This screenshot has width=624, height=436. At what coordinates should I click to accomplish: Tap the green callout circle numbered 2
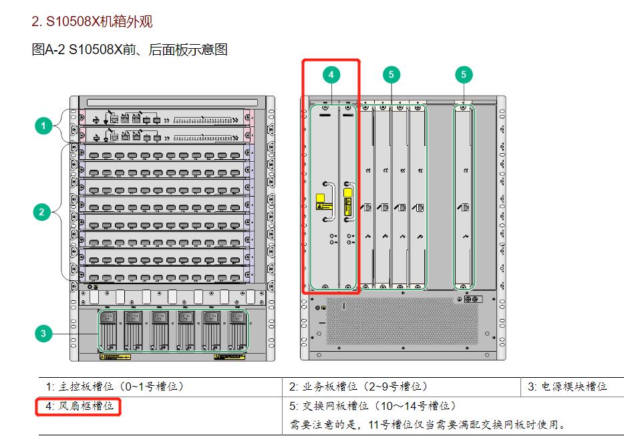(41, 213)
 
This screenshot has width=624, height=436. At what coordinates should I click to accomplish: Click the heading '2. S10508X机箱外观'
(92, 22)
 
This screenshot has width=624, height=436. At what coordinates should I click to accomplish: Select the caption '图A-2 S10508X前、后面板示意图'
(130, 49)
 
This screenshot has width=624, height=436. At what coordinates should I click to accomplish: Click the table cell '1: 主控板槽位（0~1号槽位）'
(115, 387)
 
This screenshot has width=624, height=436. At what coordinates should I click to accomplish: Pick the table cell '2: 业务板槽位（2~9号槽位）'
(359, 387)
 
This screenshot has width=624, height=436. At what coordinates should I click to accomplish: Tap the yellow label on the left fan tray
(321, 199)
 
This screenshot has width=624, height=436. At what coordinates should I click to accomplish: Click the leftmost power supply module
(108, 329)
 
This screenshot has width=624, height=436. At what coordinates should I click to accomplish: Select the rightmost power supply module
(237, 329)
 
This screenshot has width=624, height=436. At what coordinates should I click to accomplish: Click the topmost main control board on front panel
(164, 118)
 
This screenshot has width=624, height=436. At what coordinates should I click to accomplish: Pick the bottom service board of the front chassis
(164, 274)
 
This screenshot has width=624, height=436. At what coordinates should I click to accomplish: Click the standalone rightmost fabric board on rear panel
(464, 197)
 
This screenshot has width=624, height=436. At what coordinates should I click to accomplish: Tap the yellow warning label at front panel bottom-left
(110, 357)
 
